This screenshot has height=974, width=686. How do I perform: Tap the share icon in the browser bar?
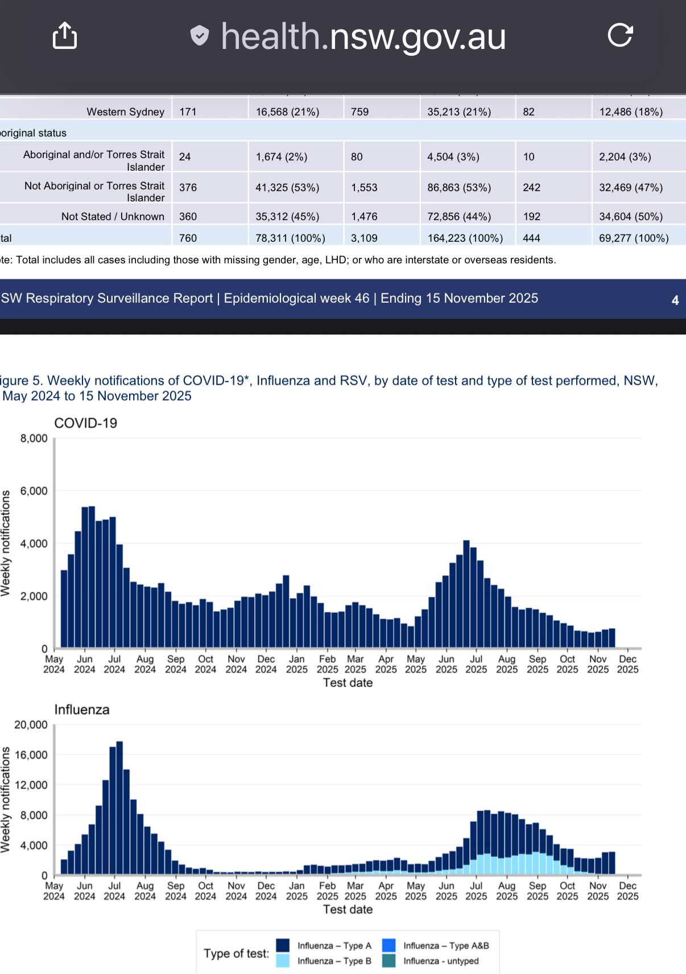[65, 36]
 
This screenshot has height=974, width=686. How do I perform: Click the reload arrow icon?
[620, 35]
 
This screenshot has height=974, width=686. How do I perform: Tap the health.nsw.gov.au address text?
[363, 37]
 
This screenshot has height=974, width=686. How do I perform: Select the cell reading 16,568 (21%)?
[287, 112]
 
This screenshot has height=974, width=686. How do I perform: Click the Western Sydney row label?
[125, 112]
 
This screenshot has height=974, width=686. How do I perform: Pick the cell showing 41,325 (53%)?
[287, 188]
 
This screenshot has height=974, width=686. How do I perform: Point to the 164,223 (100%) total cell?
[465, 238]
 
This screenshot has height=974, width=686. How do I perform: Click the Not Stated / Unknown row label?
[113, 217]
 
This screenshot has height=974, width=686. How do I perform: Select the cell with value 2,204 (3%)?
[625, 157]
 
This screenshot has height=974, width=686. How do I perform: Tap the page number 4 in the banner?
[675, 300]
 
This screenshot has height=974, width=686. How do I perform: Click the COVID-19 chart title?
[85, 423]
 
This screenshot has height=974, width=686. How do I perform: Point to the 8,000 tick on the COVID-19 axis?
[34, 439]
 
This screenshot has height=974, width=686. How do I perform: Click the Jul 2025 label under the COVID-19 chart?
[476, 665]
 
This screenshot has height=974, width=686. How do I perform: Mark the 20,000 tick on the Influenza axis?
[31, 725]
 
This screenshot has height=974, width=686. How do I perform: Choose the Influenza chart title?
[82, 710]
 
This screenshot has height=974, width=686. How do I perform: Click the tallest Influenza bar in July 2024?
[119, 808]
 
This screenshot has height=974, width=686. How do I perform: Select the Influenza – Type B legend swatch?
[283, 961]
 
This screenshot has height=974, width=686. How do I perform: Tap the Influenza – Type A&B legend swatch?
[389, 946]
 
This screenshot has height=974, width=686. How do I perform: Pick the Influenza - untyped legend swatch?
[389, 961]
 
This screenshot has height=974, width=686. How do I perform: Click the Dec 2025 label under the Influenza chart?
[627, 891]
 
